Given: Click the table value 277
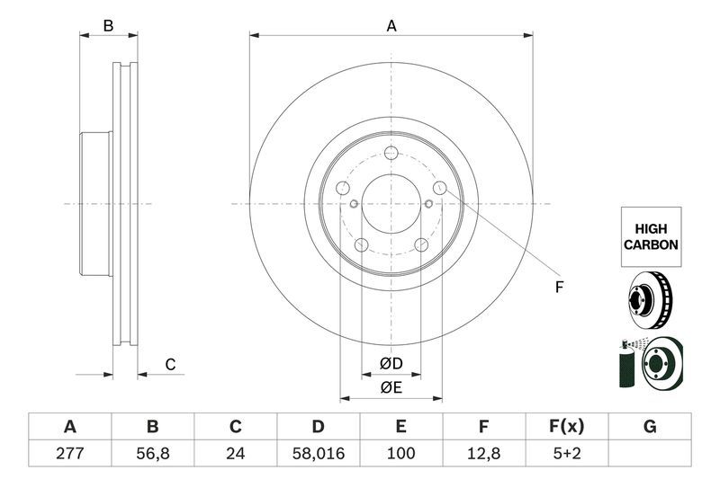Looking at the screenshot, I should (69, 453).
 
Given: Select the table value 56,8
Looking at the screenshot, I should (152, 453).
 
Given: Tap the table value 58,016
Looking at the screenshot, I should (318, 453).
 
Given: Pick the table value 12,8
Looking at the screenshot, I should (483, 453).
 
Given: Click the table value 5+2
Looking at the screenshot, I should (566, 453).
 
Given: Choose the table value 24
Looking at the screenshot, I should (236, 453).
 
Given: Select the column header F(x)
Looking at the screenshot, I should (566, 427).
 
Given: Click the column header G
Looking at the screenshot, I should (649, 427).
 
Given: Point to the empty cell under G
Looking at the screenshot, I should (649, 453).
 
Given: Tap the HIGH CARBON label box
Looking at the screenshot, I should (651, 236).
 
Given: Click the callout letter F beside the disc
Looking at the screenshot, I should (558, 288).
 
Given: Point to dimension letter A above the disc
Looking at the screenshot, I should (391, 26).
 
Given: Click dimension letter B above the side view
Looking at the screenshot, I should (108, 26).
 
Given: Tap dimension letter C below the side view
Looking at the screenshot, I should (169, 364).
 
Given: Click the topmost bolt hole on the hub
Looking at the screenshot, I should (391, 153).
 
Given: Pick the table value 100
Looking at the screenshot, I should (400, 453).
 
